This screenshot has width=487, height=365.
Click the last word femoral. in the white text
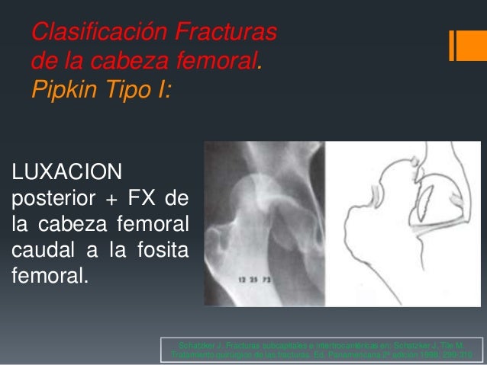click(45, 272)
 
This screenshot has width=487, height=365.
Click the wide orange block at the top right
click(467, 46)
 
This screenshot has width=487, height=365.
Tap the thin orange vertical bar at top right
click(452, 46)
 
